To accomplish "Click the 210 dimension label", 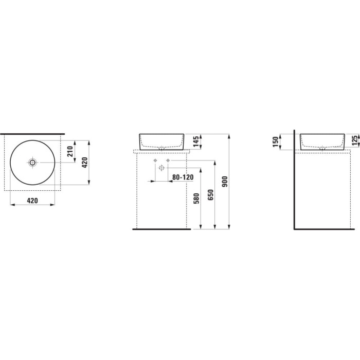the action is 70,152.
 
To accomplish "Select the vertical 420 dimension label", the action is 85,163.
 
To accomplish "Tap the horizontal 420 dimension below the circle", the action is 32,201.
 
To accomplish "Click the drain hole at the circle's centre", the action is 32,163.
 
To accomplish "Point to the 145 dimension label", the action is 196,141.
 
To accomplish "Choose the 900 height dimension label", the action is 225,182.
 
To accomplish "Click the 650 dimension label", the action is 210,195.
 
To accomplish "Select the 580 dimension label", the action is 196,199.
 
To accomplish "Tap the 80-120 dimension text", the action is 183,177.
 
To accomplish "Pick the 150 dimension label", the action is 276,141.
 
